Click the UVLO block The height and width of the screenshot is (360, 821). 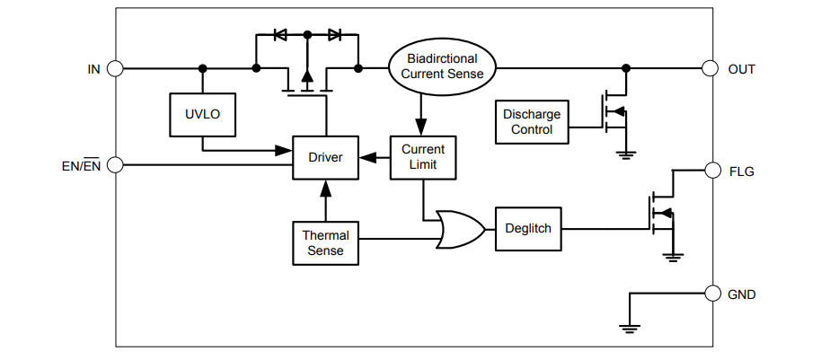pos(203,114)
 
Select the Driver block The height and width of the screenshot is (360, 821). pos(325,157)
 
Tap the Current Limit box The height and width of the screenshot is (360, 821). pos(422,157)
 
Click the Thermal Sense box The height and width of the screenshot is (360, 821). pos(325,242)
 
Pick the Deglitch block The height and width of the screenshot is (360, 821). pos(527,229)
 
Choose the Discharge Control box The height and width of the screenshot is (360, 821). pos(532,121)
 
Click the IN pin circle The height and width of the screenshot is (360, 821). pos(115,68)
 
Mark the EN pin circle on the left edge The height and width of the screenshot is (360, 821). pos(115,165)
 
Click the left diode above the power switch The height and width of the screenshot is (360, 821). pos(280,35)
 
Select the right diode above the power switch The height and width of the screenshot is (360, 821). pos(334,35)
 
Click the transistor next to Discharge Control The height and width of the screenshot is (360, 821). pos(615,112)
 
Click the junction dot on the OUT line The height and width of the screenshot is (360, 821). pos(626,68)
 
